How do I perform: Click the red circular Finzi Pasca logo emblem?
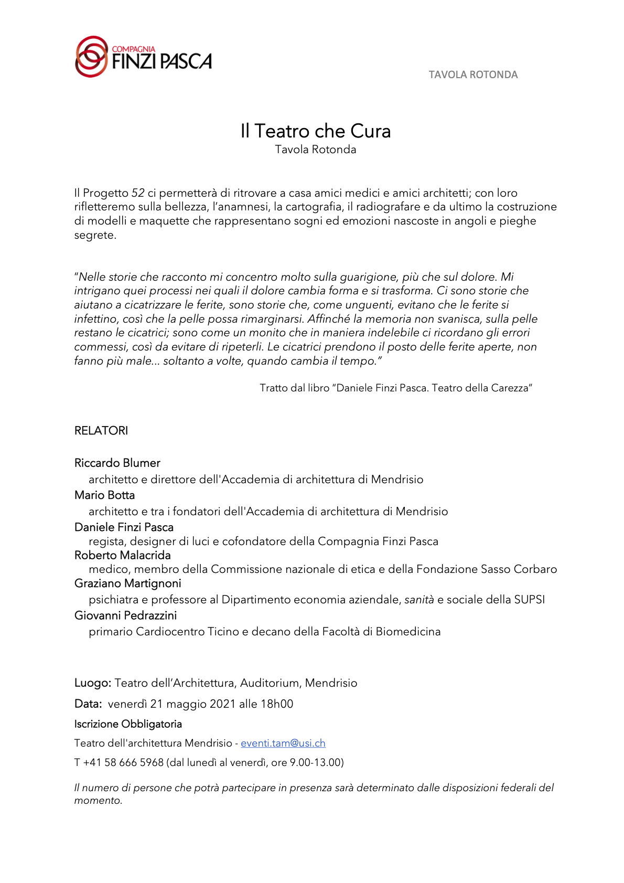[92, 57]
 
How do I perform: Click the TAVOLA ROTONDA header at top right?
[473, 75]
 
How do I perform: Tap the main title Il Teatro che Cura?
[315, 131]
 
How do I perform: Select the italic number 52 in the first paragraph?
[138, 193]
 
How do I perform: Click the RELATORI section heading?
[101, 431]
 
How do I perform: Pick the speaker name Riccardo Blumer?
[117, 463]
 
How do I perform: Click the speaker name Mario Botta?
[105, 495]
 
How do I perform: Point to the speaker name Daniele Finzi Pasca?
[124, 527]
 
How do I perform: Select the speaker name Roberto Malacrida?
[123, 555]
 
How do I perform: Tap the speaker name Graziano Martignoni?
[128, 583]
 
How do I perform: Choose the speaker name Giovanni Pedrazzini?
[126, 615]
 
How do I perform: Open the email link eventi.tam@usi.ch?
[283, 743]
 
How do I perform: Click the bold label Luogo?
[93, 683]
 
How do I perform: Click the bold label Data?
[88, 704]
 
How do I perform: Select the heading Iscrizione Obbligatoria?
[128, 724]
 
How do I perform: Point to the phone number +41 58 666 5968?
[123, 762]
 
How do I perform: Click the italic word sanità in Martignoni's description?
[419, 600]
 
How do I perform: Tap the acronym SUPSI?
[529, 600]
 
